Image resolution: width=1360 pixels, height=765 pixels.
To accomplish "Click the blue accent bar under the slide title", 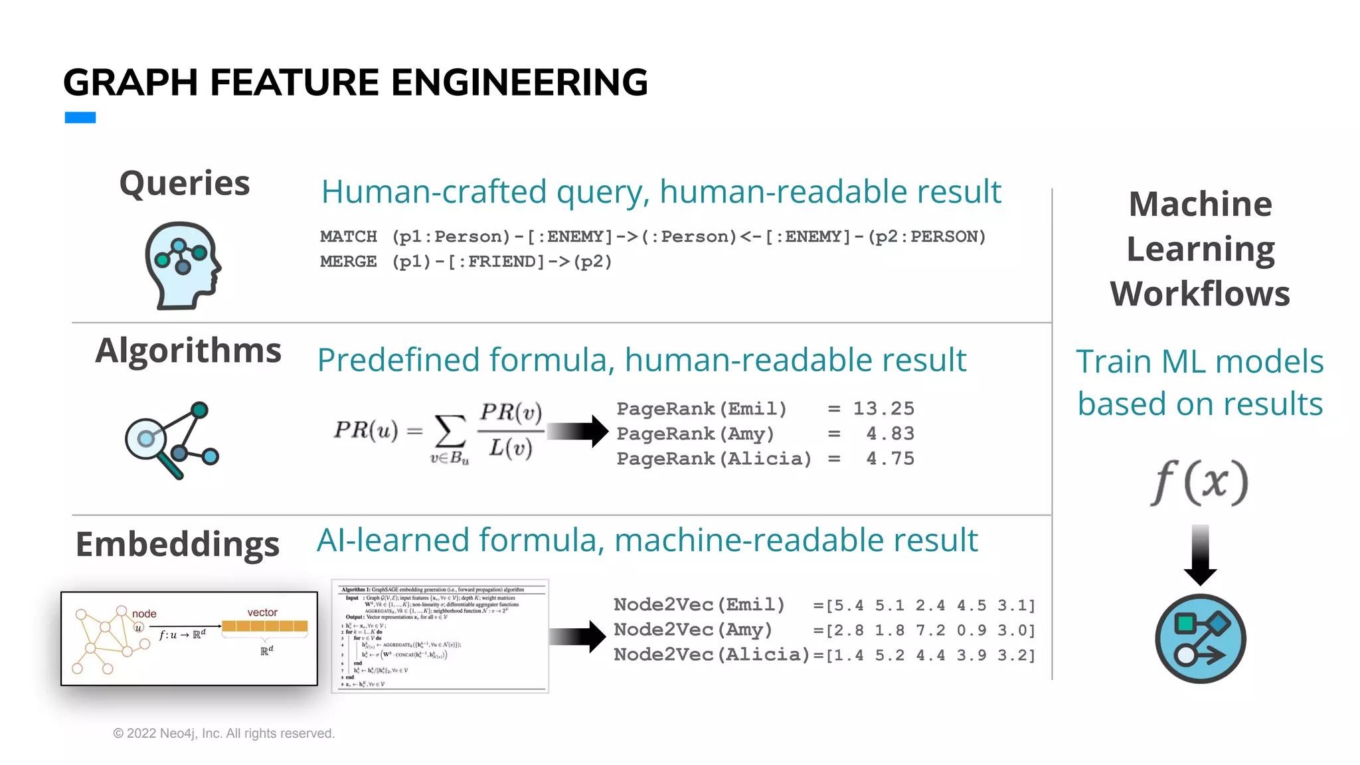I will [80, 118].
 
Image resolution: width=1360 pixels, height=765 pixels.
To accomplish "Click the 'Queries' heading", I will [185, 183].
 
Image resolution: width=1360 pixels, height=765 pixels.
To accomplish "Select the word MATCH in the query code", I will [348, 236].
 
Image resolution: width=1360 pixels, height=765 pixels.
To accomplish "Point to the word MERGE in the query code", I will [348, 262].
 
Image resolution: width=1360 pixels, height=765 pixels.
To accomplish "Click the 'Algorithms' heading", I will [189, 350].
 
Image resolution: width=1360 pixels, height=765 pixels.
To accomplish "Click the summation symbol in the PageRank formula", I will [450, 432].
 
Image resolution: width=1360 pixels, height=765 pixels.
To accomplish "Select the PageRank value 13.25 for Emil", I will [883, 408].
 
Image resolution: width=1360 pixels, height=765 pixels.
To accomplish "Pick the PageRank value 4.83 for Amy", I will [890, 434].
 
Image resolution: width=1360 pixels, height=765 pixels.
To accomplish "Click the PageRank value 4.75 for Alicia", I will [890, 459].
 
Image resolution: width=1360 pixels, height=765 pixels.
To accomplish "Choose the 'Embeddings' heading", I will [177, 544].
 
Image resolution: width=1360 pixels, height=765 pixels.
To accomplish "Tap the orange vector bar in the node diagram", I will [265, 626].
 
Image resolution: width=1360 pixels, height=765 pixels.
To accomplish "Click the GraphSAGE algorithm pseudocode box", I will [440, 636].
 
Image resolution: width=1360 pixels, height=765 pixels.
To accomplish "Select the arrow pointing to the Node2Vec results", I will [576, 636].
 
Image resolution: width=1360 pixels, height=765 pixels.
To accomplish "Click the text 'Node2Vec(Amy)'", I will [693, 630].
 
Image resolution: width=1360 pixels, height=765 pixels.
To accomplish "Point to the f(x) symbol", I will [1200, 481].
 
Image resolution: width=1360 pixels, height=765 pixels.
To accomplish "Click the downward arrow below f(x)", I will [1200, 554].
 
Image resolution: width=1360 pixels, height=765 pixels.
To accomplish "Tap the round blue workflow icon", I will [1200, 638].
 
